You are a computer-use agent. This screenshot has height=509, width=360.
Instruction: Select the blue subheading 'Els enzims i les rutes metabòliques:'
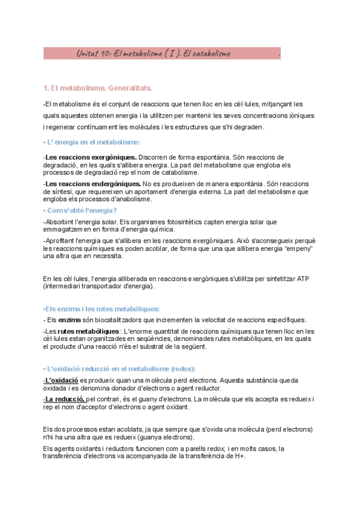point(101,309)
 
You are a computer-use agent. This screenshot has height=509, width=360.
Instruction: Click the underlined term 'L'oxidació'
point(62,380)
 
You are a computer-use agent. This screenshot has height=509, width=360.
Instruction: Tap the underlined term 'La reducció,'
point(65,399)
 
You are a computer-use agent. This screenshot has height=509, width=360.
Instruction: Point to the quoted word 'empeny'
point(298,248)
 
